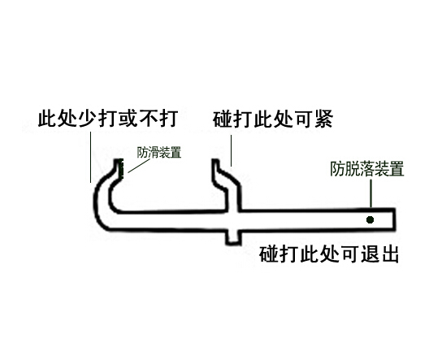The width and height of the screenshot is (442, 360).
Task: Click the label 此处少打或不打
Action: pyautogui.click(x=108, y=119)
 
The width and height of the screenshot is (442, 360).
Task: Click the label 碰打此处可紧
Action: pyautogui.click(x=273, y=119)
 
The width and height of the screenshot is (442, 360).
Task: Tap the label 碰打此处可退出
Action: pyautogui.click(x=329, y=254)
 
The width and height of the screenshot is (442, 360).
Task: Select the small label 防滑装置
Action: pyautogui.click(x=159, y=153)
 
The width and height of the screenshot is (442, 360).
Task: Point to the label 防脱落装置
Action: pyautogui.click(x=367, y=169)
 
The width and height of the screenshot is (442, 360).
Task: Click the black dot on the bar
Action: pyautogui.click(x=370, y=219)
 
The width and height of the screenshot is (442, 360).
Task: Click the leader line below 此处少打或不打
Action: pyautogui.click(x=90, y=157)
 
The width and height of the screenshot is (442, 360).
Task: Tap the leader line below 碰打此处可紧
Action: pyautogui.click(x=231, y=150)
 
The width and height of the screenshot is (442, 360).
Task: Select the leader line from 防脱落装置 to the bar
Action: pyautogui.click(x=371, y=193)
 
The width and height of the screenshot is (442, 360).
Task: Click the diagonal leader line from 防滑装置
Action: pyautogui.click(x=139, y=166)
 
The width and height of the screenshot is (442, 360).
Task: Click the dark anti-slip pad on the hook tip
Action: pyautogui.click(x=122, y=168)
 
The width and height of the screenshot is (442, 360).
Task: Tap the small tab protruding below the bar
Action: pyautogui.click(x=233, y=237)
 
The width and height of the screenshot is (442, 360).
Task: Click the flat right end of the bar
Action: pyautogui.click(x=394, y=219)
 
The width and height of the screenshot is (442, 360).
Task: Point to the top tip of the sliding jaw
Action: pyautogui.click(x=215, y=161)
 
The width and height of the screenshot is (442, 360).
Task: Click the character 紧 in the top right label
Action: pyautogui.click(x=324, y=119)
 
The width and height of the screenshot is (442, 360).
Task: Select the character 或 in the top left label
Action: pyautogui.click(x=128, y=119)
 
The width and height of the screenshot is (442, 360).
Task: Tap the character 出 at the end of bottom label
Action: pyautogui.click(x=389, y=254)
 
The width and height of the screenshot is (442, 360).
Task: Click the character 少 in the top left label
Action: pyautogui.click(x=89, y=119)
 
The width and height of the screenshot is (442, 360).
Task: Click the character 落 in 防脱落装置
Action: pyautogui.click(x=367, y=169)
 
